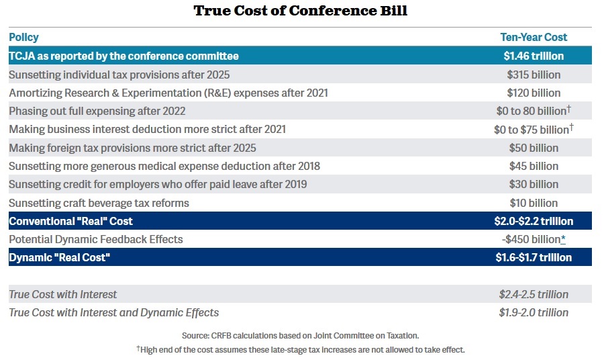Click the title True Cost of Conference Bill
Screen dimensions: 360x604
(x=301, y=11)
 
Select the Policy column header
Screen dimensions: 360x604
(x=23, y=38)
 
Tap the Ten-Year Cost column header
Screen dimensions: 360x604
(x=534, y=38)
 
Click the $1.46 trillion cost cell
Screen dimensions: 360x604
(x=534, y=56)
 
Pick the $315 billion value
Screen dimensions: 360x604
(x=534, y=75)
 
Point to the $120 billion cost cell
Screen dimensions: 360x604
(x=534, y=93)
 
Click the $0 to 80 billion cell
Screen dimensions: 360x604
(x=531, y=111)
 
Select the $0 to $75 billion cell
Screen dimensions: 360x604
(x=531, y=130)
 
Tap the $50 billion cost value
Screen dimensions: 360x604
(x=534, y=148)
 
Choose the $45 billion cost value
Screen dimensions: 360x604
(x=534, y=166)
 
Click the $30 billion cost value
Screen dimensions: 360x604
(x=534, y=184)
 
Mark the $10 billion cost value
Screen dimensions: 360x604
(x=534, y=203)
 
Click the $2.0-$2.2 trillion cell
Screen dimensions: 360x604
(x=534, y=221)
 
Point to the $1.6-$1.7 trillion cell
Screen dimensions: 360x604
(x=534, y=257)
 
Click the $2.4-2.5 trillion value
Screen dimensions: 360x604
(x=534, y=294)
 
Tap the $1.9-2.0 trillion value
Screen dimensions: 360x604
(x=534, y=312)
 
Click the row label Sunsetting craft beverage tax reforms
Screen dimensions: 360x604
(x=99, y=203)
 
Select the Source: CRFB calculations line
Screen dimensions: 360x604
(x=301, y=335)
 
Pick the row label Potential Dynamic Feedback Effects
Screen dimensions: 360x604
(x=96, y=239)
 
